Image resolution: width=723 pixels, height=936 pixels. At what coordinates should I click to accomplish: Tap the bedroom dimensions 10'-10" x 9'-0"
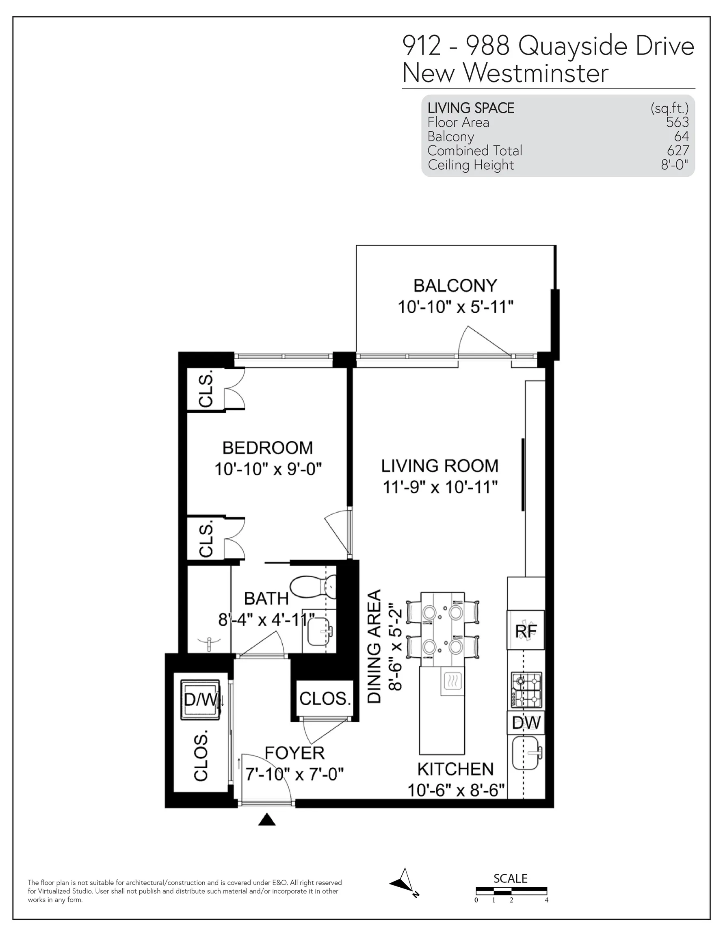pyautogui.click(x=268, y=469)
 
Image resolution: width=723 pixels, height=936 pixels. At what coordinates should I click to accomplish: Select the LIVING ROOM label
pyautogui.click(x=440, y=466)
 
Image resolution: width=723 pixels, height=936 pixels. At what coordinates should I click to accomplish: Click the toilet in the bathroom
pyautogui.click(x=313, y=586)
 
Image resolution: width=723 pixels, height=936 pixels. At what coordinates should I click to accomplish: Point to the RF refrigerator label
pyautogui.click(x=526, y=631)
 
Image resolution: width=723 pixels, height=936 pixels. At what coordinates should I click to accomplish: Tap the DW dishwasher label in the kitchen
pyautogui.click(x=526, y=724)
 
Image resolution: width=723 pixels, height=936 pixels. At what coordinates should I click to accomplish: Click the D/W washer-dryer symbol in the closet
pyautogui.click(x=201, y=700)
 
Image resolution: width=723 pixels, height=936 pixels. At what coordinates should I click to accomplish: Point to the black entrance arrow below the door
pyautogui.click(x=267, y=820)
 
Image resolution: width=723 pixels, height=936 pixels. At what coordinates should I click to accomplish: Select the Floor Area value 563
pyautogui.click(x=677, y=122)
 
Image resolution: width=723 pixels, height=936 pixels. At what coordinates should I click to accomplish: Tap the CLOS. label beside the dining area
pyautogui.click(x=325, y=699)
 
